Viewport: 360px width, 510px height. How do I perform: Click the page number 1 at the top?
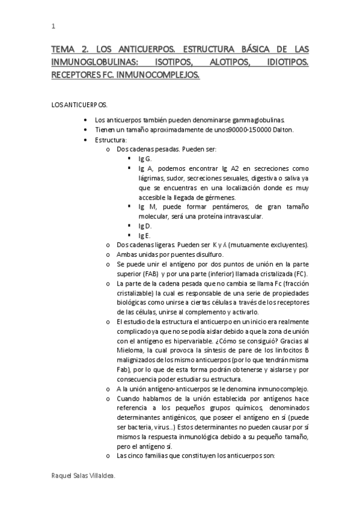(53, 27)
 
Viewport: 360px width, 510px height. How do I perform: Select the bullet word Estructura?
(110, 140)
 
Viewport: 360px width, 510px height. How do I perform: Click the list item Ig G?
(145, 159)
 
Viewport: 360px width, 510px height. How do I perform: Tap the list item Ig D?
(145, 226)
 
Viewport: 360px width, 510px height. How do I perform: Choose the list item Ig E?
(145, 235)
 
